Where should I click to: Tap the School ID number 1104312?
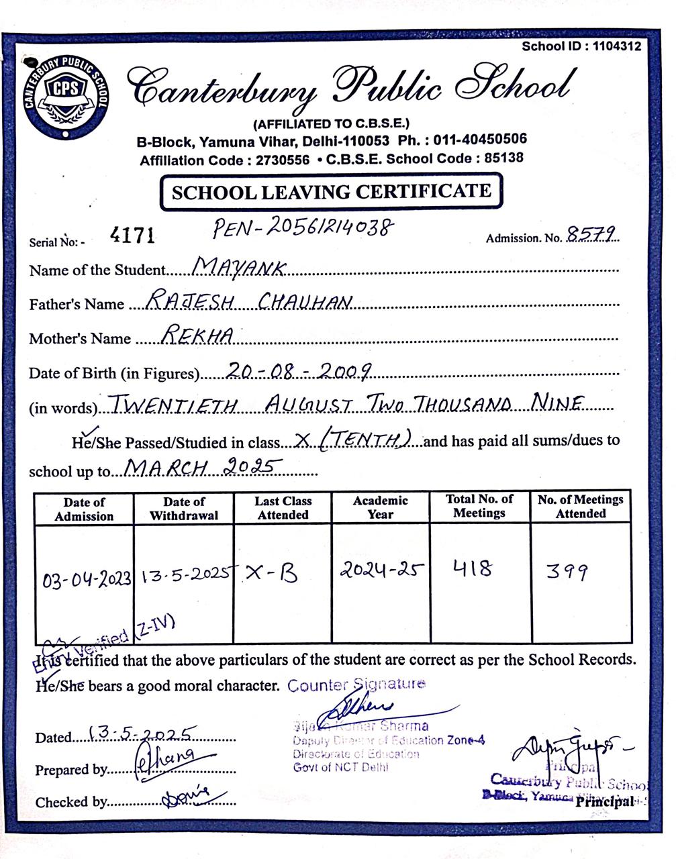click(617, 46)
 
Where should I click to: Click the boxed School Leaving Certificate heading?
click(331, 193)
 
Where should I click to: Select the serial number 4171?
click(132, 235)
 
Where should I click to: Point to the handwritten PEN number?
click(301, 228)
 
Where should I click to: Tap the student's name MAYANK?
click(239, 268)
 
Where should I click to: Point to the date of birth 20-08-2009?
click(299, 369)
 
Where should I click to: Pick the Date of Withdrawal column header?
click(184, 509)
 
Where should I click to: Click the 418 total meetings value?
click(473, 569)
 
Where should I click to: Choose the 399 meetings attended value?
click(567, 572)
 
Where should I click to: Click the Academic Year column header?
click(380, 507)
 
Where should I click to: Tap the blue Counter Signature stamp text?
click(356, 685)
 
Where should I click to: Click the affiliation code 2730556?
click(279, 160)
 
